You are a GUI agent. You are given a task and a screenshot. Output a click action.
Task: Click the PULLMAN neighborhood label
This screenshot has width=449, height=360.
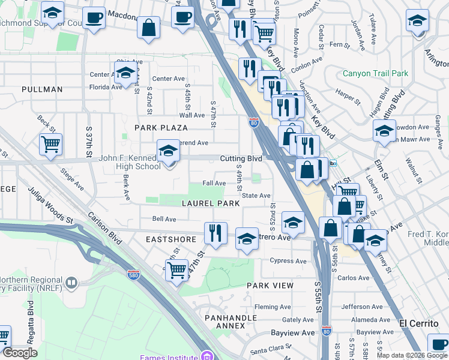[x=42, y=89]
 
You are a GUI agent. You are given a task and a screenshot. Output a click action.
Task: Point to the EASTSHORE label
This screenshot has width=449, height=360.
[x=171, y=239]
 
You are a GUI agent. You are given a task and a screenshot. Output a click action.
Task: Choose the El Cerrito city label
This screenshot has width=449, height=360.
[x=423, y=323]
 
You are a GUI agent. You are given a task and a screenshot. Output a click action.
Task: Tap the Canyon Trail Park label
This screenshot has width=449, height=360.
[x=375, y=74]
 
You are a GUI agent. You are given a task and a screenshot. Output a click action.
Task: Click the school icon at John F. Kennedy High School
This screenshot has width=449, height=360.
[x=169, y=151]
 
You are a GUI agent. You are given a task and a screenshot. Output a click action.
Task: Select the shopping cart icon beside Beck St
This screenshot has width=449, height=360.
[x=50, y=143]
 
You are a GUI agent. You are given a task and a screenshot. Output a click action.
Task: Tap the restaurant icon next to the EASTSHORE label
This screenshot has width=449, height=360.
[x=215, y=232]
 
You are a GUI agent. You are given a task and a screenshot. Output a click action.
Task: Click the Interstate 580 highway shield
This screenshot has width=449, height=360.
[x=134, y=274]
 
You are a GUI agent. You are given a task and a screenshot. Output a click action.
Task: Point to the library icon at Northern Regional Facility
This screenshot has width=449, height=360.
[x=71, y=282]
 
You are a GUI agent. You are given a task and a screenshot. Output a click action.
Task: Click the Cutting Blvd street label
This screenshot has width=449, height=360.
[x=241, y=158]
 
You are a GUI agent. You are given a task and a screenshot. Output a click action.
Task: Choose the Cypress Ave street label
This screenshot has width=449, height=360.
[x=288, y=261]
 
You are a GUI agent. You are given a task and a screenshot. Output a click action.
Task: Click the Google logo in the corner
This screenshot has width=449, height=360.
[x=20, y=353]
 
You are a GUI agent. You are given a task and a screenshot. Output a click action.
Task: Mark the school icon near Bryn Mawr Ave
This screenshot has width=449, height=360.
[x=384, y=131]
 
